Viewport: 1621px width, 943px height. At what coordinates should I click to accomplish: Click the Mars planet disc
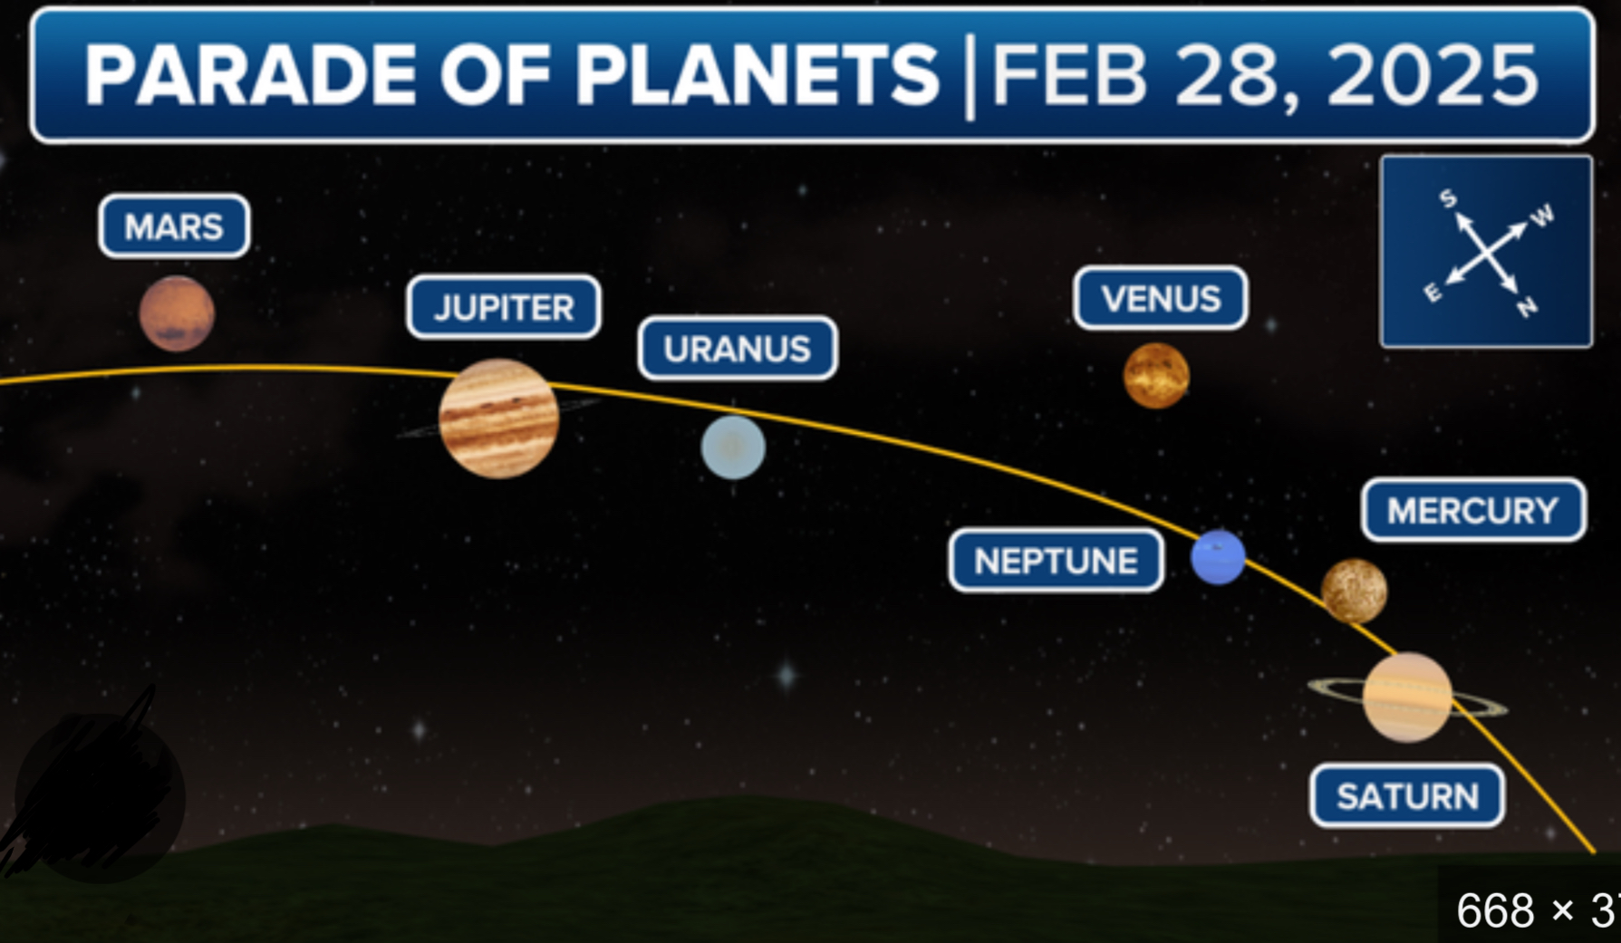point(177,313)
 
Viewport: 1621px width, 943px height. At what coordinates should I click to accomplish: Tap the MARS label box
point(174,226)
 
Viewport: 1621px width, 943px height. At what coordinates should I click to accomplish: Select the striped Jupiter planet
point(498,419)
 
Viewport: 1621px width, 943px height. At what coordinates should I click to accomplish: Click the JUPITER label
point(504,308)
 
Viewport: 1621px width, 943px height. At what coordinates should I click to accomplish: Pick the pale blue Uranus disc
point(733,447)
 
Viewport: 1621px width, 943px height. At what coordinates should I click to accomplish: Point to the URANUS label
point(738,349)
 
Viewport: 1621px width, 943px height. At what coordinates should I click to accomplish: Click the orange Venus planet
point(1156,376)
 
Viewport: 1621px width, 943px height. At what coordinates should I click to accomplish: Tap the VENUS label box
point(1161,298)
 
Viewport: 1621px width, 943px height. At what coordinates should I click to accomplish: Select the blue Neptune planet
point(1218,557)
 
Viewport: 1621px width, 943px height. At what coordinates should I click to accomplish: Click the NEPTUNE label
point(1057,562)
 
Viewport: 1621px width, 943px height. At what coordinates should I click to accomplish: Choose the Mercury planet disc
point(1354,592)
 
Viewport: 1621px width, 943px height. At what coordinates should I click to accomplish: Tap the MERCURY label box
point(1473,511)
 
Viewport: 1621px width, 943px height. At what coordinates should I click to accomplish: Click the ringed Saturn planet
point(1407,698)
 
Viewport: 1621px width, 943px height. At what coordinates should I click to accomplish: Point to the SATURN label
point(1407,797)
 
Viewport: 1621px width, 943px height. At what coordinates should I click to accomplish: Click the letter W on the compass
point(1543,216)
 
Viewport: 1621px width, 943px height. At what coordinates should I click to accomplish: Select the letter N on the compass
point(1528,308)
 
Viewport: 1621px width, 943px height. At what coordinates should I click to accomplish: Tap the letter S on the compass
point(1448,198)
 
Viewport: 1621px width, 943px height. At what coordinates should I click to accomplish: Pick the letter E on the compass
point(1433,292)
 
